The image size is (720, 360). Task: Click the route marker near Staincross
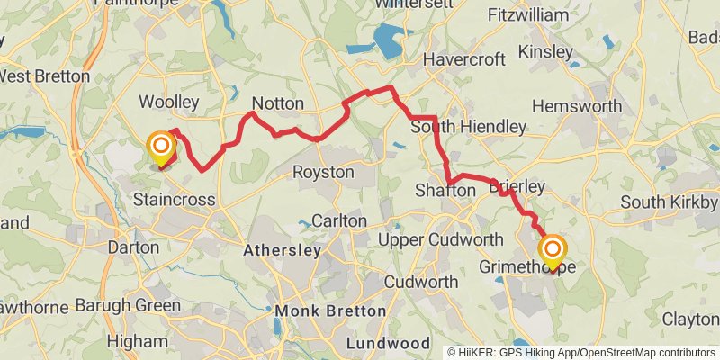(161, 146)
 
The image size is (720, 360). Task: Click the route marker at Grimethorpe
(553, 248)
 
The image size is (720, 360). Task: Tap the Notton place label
(278, 103)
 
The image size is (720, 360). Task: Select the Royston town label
(324, 172)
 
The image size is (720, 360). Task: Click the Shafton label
(445, 191)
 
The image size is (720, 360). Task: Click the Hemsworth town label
(577, 106)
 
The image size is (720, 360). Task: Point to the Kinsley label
(545, 51)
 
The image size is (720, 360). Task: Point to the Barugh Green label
(127, 306)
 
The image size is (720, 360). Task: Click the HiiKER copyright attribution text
(580, 353)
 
